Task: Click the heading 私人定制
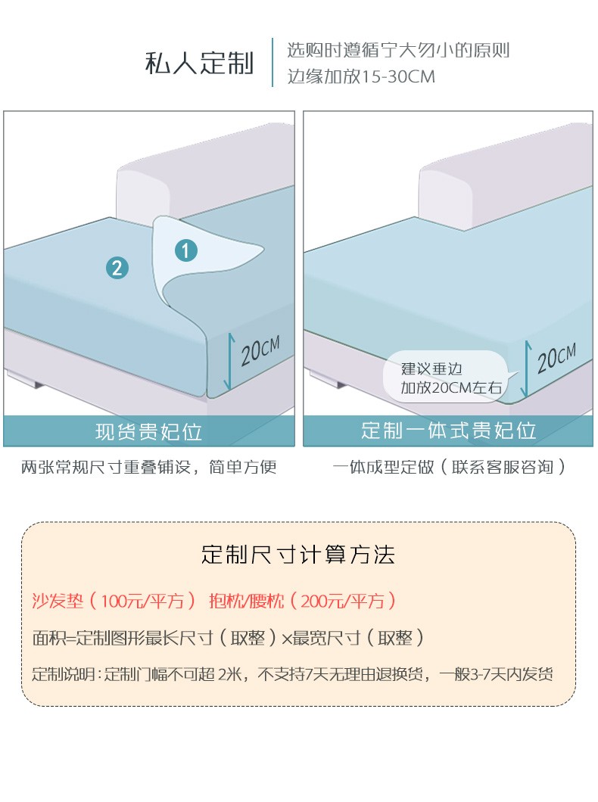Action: pos(200,63)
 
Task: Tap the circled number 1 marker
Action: pos(185,250)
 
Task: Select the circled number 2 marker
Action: pos(117,268)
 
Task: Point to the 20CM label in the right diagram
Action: pos(556,358)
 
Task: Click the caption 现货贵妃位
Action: pos(149,432)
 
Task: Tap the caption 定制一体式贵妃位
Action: pos(449,431)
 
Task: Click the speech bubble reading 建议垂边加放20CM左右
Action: pos(446,377)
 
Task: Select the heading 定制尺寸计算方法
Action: pos(298,555)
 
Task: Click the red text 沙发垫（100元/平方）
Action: pos(114,601)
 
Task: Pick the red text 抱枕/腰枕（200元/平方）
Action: pos(302,601)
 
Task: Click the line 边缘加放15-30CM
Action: pos(360,76)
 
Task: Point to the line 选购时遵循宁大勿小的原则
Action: pos(398,50)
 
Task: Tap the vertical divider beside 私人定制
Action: pos(273,62)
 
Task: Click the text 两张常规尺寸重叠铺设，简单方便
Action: pos(149,467)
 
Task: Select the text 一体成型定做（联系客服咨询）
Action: pos(449,467)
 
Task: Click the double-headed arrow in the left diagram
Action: pos(229,362)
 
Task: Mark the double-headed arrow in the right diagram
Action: pos(526,368)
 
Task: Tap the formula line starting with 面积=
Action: pos(228,638)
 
